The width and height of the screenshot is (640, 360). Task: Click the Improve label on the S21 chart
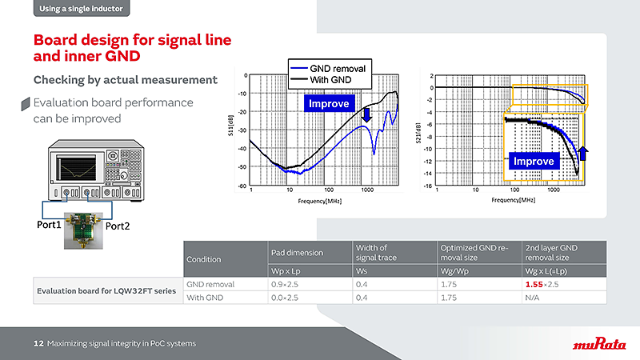534,161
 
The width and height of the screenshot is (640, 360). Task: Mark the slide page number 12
38,343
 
